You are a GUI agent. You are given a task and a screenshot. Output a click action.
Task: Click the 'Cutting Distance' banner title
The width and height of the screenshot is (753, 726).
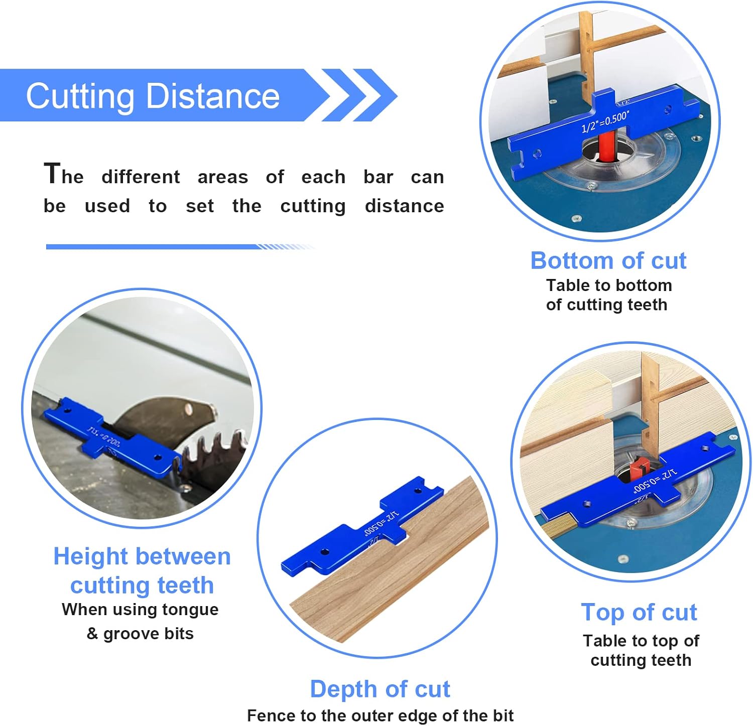tap(153, 96)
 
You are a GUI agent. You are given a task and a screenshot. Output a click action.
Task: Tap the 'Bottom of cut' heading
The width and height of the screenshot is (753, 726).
tap(608, 261)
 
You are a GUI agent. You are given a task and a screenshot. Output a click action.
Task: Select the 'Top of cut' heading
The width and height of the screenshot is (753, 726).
tap(639, 612)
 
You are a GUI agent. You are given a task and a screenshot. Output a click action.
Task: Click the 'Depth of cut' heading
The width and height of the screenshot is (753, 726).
tap(380, 689)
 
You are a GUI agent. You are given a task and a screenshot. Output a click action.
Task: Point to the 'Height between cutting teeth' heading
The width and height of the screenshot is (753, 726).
tap(142, 571)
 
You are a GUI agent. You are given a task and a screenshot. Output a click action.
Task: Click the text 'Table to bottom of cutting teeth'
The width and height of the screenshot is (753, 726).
tap(608, 295)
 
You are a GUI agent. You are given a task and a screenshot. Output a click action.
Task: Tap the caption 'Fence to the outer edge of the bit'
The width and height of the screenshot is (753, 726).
tap(380, 715)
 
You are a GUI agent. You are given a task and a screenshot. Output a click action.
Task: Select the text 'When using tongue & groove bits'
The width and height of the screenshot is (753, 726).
tap(140, 621)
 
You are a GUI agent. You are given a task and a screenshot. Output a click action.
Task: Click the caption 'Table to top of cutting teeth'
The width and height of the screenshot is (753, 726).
tap(641, 650)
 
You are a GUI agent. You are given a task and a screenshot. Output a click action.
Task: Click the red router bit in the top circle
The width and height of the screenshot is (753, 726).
tap(605, 147)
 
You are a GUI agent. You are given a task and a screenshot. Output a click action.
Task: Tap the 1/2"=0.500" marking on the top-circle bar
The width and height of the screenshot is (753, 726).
tap(605, 122)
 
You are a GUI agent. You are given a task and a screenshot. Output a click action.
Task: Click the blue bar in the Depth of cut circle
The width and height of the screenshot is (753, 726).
tap(361, 527)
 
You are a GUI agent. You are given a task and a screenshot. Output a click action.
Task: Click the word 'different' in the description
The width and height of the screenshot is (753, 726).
tap(141, 177)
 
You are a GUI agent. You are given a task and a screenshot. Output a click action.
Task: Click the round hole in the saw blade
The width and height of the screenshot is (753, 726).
tap(188, 409)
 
